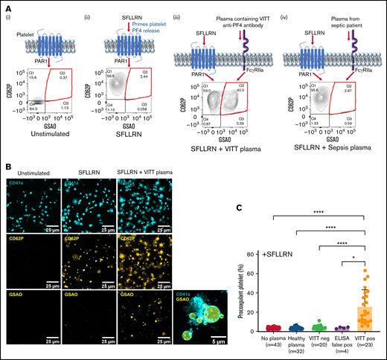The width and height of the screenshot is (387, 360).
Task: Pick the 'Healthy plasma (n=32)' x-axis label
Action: [296, 343]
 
